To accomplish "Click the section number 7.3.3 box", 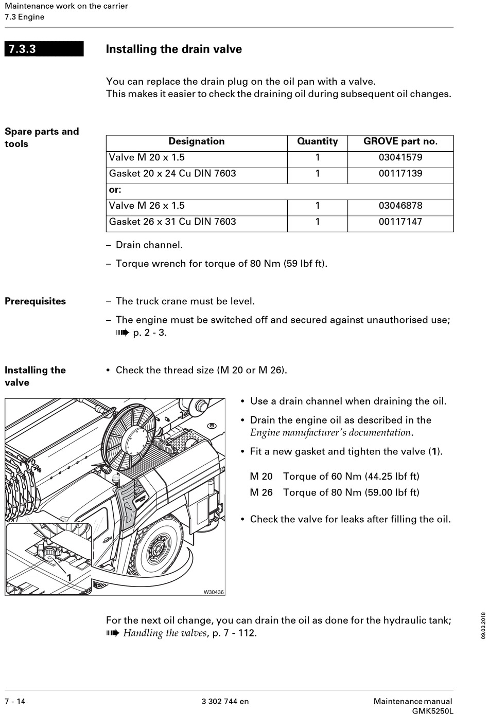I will click(44, 49).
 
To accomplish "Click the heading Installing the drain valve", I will click(173, 49).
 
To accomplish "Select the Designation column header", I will click(197, 141).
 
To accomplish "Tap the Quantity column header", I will click(317, 141).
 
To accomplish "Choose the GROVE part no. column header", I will click(400, 141).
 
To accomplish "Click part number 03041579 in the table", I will click(400, 157).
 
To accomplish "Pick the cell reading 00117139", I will click(400, 173).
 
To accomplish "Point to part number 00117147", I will click(400, 222).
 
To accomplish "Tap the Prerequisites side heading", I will click(35, 301).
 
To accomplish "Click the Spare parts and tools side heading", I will click(41, 137).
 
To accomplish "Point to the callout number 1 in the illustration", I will click(68, 577).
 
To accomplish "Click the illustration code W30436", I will click(214, 592).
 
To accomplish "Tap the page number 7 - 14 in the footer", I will click(15, 701).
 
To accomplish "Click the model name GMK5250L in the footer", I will click(432, 710).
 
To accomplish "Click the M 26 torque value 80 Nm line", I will click(335, 492).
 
